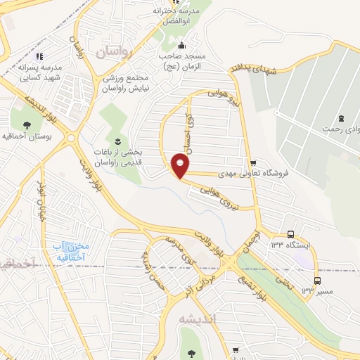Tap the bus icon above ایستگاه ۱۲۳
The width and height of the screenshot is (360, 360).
tap(290, 235)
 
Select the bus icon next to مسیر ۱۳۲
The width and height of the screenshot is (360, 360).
tap(318, 280)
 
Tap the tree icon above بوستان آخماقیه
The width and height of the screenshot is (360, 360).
tap(27, 124)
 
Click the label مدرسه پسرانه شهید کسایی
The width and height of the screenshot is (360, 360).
tap(39, 72)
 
